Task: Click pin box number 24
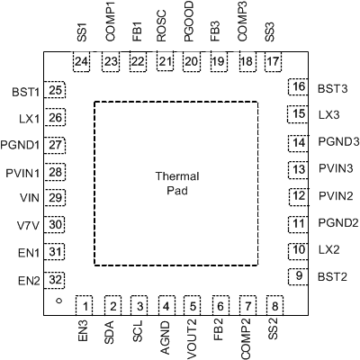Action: [x=83, y=61]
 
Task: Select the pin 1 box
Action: [x=85, y=306]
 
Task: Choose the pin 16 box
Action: [x=297, y=87]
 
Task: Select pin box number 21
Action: [x=164, y=61]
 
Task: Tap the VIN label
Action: [x=28, y=198]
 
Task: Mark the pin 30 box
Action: [x=57, y=225]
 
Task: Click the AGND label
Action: [x=165, y=338]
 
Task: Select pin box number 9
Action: [x=297, y=276]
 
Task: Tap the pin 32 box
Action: [x=57, y=279]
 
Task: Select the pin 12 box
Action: [x=297, y=195]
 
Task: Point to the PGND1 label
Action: [x=22, y=144]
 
